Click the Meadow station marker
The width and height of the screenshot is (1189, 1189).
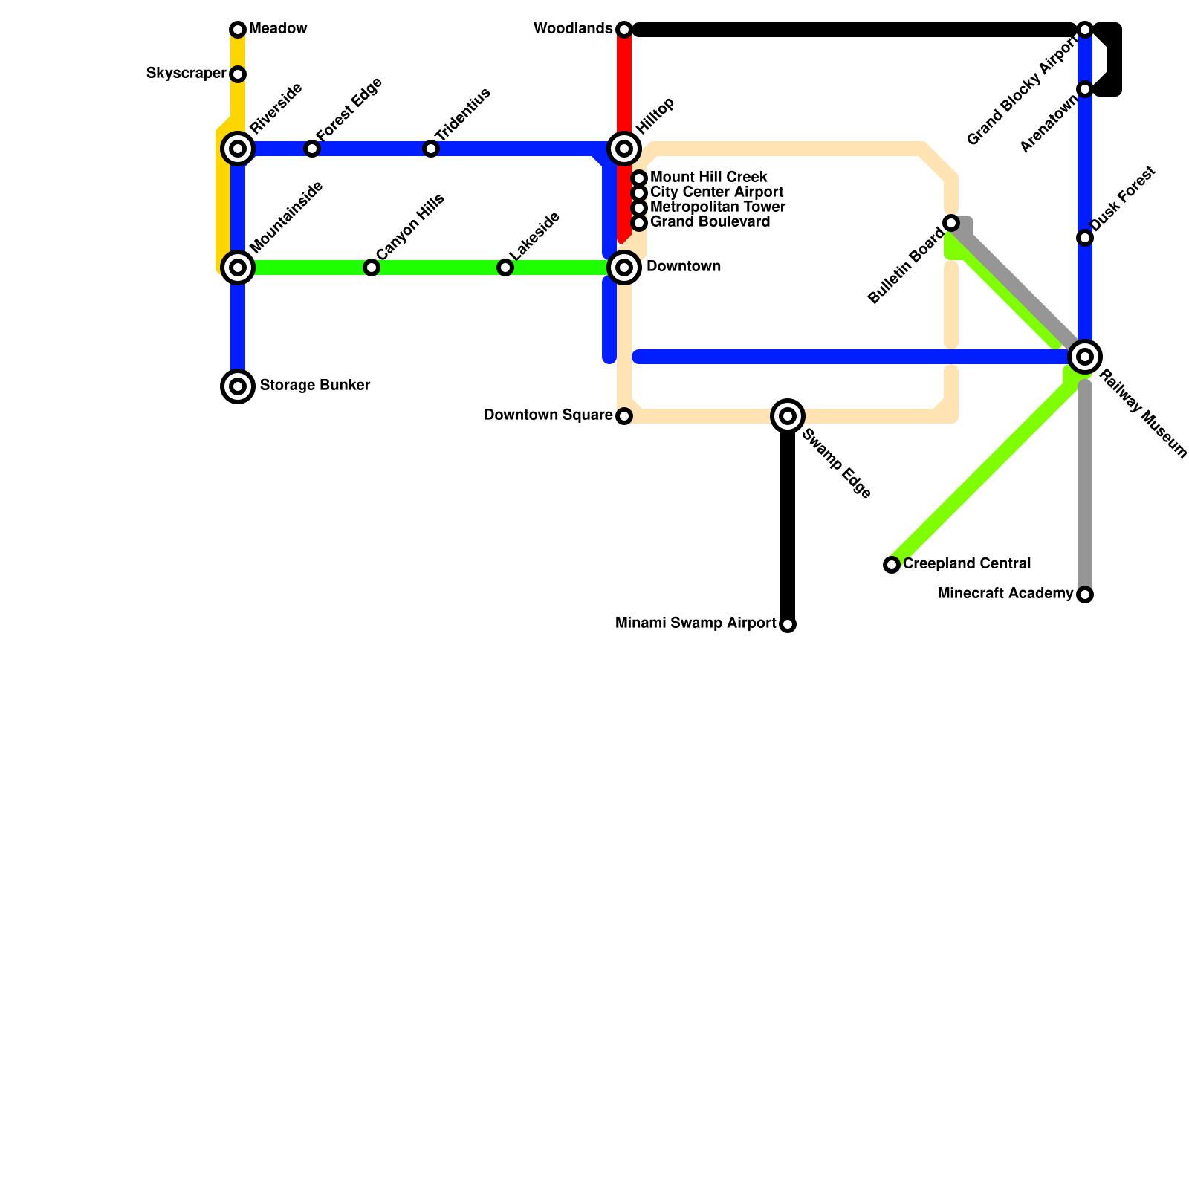pyautogui.click(x=238, y=30)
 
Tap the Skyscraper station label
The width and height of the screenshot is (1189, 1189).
pyautogui.click(x=186, y=74)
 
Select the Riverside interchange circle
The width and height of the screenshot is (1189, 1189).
pyautogui.click(x=238, y=149)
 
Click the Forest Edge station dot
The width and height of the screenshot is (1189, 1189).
pyautogui.click(x=312, y=149)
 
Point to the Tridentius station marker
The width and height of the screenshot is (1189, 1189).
pyautogui.click(x=431, y=149)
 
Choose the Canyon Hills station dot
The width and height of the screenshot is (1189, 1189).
pyautogui.click(x=372, y=268)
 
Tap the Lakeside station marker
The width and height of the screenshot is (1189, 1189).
pyautogui.click(x=505, y=268)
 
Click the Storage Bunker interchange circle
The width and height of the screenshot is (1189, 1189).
pyautogui.click(x=238, y=386)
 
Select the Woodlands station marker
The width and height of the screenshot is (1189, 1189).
pyautogui.click(x=624, y=30)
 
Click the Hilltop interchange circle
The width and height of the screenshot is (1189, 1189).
pyautogui.click(x=624, y=149)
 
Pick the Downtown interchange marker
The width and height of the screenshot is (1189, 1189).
pyautogui.click(x=624, y=268)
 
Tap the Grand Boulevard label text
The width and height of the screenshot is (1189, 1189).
pyautogui.click(x=710, y=222)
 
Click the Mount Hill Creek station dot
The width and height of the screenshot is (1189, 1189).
pyautogui.click(x=639, y=178)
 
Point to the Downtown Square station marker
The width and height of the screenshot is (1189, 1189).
pyautogui.click(x=624, y=416)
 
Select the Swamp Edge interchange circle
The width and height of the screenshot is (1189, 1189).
pyautogui.click(x=788, y=416)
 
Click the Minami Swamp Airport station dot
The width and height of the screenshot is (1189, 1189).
pyautogui.click(x=788, y=624)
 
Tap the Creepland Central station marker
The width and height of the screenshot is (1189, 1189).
pyautogui.click(x=892, y=565)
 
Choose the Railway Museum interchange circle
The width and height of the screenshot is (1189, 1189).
pyautogui.click(x=1085, y=357)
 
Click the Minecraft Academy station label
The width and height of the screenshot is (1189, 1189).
pyautogui.click(x=1005, y=594)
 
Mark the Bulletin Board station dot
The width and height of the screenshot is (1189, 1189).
pyautogui.click(x=951, y=223)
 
